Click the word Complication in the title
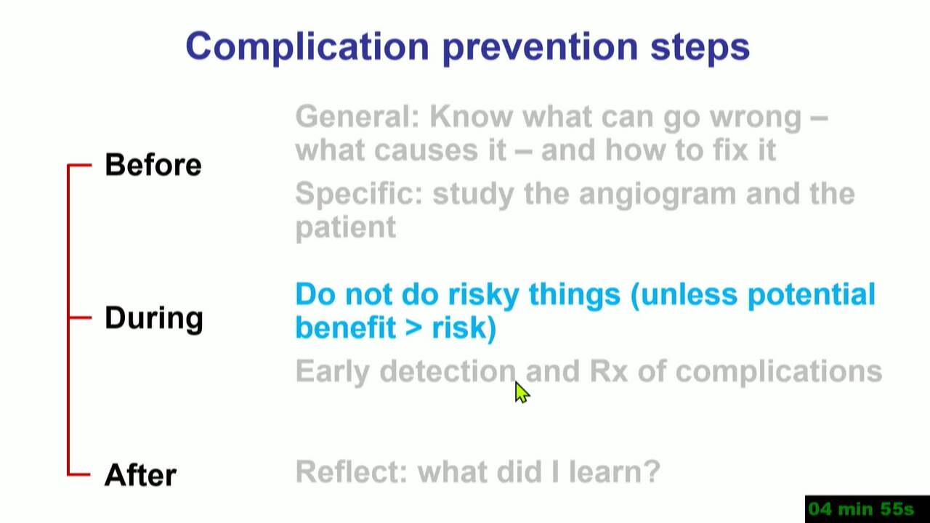point(307,48)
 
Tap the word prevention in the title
point(540,48)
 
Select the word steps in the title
point(700,49)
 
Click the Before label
point(153,165)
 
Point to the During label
point(154,318)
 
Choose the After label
point(140,475)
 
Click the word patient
point(345,228)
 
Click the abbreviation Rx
point(609,371)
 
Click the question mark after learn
point(652,471)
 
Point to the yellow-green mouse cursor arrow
point(522,392)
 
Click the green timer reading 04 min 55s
point(861,509)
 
